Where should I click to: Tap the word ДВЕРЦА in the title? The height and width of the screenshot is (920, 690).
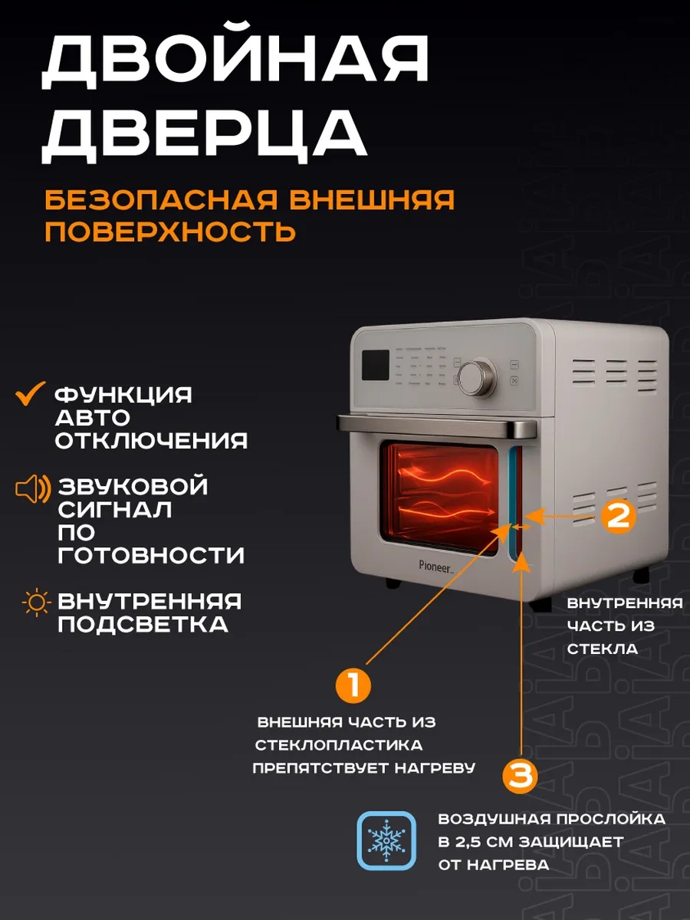point(204,136)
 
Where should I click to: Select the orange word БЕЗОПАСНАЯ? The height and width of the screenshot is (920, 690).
point(161,200)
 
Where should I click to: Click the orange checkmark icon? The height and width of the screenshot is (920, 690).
point(30,393)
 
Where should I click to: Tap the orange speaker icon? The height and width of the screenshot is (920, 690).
point(33,488)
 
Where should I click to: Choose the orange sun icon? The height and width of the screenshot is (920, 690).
point(37,603)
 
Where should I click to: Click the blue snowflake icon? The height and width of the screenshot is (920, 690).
point(386,841)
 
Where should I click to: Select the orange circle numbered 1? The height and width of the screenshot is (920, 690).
point(353,685)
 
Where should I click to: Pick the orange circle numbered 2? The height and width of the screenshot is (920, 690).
point(619,516)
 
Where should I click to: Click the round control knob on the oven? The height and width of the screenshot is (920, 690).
point(477,376)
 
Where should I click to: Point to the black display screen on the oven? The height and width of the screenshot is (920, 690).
point(376,365)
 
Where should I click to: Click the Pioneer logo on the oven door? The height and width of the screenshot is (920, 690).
point(435,567)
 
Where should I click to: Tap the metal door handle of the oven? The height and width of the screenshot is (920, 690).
point(436,426)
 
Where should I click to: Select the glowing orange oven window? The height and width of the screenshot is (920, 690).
point(440,498)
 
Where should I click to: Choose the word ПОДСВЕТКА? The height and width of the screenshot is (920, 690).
point(143,625)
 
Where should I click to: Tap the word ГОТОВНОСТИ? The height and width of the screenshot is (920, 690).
point(151,555)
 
